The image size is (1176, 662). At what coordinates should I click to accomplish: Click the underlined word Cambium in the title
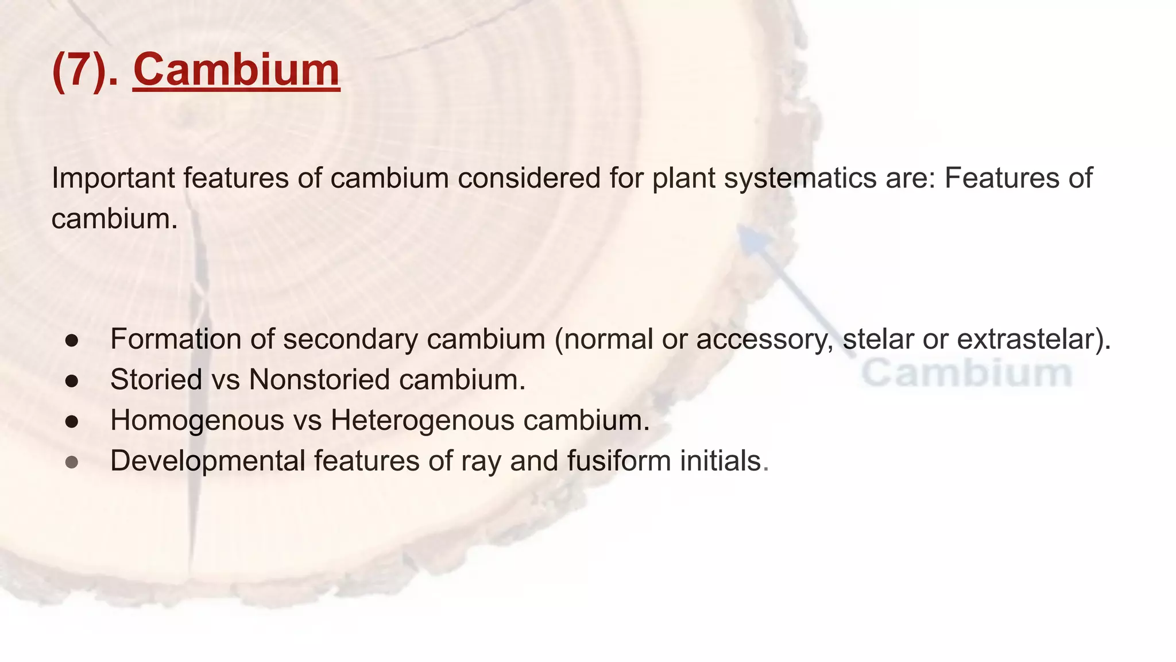pos(236,70)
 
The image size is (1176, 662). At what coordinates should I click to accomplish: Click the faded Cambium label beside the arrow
pos(967,373)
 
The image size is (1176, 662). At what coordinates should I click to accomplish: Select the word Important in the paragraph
pos(113,178)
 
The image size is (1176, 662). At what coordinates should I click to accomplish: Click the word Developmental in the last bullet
pos(207,461)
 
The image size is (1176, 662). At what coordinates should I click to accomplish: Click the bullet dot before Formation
pos(72,340)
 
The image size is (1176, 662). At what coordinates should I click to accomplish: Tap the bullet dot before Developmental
pos(72,463)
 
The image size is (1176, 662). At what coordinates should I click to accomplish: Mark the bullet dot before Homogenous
pos(72,422)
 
